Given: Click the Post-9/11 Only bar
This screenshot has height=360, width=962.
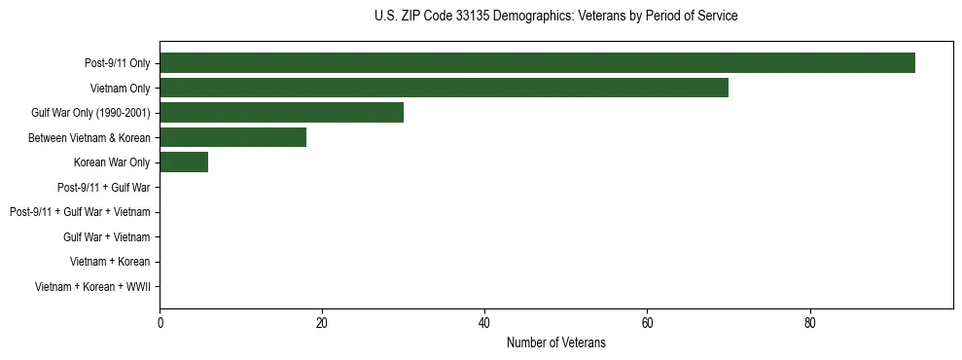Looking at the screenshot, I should pyautogui.click(x=537, y=63).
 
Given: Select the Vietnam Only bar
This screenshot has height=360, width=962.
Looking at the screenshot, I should pyautogui.click(x=444, y=88).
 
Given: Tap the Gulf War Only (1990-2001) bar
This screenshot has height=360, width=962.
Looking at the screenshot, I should pyautogui.click(x=281, y=113).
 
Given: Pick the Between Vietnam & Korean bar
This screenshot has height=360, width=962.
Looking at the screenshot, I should pyautogui.click(x=232, y=137).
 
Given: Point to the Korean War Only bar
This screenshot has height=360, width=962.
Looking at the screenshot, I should pyautogui.click(x=184, y=162).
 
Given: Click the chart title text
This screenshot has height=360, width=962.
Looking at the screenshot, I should pyautogui.click(x=555, y=17).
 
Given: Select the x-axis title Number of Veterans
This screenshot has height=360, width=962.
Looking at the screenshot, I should pyautogui.click(x=555, y=342).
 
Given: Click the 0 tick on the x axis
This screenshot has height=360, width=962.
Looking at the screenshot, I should pyautogui.click(x=160, y=324).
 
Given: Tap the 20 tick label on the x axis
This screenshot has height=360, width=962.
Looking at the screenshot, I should pyautogui.click(x=322, y=324).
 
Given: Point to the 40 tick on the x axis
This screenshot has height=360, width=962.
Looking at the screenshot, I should pyautogui.click(x=484, y=324).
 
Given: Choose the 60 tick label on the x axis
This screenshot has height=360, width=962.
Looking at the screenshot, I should pyautogui.click(x=647, y=324).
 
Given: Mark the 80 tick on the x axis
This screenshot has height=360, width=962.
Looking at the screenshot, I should pyautogui.click(x=809, y=324).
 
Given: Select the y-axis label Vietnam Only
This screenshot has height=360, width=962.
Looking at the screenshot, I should pyautogui.click(x=120, y=89).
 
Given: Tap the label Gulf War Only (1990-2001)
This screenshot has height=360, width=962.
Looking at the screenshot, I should pyautogui.click(x=90, y=113).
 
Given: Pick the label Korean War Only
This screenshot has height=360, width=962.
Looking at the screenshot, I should pyautogui.click(x=112, y=162).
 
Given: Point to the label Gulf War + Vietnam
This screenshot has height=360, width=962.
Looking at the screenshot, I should pyautogui.click(x=106, y=237).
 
